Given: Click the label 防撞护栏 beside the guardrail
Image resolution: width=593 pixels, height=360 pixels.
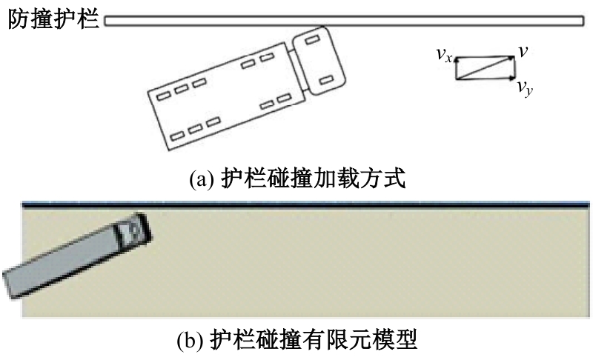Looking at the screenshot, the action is pyautogui.click(x=53, y=19).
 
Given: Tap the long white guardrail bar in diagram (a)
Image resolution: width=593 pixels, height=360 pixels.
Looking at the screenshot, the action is pyautogui.click(x=344, y=21).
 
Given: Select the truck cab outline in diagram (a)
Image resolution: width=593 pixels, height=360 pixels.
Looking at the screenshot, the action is pyautogui.click(x=319, y=61).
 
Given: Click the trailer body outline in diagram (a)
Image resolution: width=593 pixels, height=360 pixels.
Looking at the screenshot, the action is pyautogui.click(x=226, y=96).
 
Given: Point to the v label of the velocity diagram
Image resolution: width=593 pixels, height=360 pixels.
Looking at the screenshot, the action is pyautogui.click(x=523, y=51).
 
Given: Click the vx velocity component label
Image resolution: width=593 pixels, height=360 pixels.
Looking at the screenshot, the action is pyautogui.click(x=444, y=55).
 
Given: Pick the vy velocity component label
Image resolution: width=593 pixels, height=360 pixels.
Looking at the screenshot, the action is pyautogui.click(x=526, y=88).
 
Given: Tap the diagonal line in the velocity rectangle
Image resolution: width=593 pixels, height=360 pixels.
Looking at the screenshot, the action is pyautogui.click(x=486, y=68).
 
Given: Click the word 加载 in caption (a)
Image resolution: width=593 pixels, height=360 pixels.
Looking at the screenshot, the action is pyautogui.click(x=331, y=179).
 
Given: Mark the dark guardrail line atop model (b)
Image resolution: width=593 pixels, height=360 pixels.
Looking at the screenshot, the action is pyautogui.click(x=305, y=205).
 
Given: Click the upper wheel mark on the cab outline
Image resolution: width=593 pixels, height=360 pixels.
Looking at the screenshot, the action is pyautogui.click(x=313, y=39).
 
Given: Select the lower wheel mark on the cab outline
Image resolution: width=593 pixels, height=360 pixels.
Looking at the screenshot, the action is pyautogui.click(x=325, y=81).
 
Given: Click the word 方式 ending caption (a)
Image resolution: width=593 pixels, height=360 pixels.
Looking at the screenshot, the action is pyautogui.click(x=387, y=179).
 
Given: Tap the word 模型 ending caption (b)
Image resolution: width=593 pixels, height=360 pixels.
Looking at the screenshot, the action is pyautogui.click(x=398, y=339).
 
